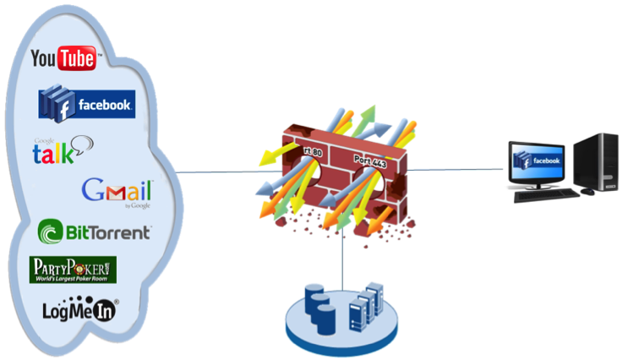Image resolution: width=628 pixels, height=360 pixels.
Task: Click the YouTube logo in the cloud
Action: coord(65,58)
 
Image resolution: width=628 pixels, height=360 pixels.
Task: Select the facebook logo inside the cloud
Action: coord(87,105)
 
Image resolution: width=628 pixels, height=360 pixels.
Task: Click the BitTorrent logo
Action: coord(95,231)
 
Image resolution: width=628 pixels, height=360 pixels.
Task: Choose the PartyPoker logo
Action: coord(73,270)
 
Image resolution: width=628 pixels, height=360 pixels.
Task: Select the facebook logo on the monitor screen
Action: coord(538,160)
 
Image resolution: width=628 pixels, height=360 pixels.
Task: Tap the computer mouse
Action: coord(587,192)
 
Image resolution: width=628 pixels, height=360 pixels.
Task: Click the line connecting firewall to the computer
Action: coord(456,169)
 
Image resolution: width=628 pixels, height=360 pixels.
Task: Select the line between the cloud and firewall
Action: coord(220,172)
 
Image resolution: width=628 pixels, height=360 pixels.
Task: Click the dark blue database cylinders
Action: coord(320,308)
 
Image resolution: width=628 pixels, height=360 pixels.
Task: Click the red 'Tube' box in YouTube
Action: coord(82,58)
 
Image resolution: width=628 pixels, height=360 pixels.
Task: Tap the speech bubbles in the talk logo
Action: coord(79,145)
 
